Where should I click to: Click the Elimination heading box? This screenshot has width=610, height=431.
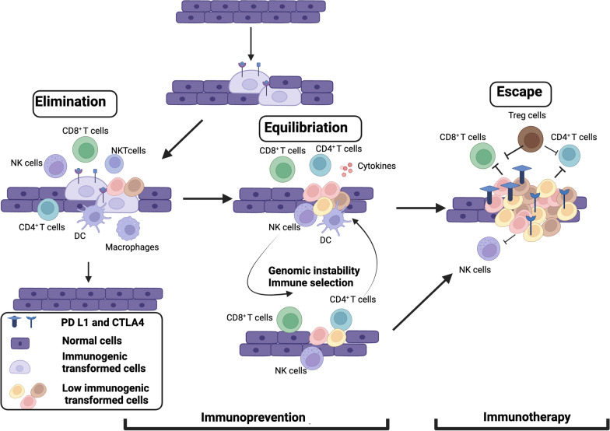pos(75,103)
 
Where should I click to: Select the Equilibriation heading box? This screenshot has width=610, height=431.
pos(310,128)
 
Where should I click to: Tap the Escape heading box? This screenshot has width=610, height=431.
pos(521,93)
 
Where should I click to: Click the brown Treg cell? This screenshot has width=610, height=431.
pos(531,139)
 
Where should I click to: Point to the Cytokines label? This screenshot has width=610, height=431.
pos(377,166)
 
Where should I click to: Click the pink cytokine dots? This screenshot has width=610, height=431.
pos(347,170)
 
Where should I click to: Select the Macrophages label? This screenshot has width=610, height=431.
pos(132,247)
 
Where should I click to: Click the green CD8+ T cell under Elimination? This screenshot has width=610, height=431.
pos(86,149)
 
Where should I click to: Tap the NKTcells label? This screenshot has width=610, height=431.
pos(128,151)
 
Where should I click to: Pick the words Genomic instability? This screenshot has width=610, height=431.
pos(314,271)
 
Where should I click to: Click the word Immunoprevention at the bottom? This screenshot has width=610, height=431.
pos(254,417)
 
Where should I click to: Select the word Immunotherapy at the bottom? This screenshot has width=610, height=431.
pos(527,417)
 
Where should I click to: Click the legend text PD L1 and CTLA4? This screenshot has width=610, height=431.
pos(103,322)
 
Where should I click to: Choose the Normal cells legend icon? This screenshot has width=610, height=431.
pos(20,343)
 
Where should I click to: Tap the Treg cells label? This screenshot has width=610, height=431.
pos(527,115)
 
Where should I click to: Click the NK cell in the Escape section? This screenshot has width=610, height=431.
pos(489,249)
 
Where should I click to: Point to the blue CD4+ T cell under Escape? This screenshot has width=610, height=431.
pos(570,156)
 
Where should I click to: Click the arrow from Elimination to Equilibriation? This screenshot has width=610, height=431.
pos(207,199)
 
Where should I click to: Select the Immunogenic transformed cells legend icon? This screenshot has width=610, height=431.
pos(20,366)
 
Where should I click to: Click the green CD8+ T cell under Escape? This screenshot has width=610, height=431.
pos(482,156)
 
